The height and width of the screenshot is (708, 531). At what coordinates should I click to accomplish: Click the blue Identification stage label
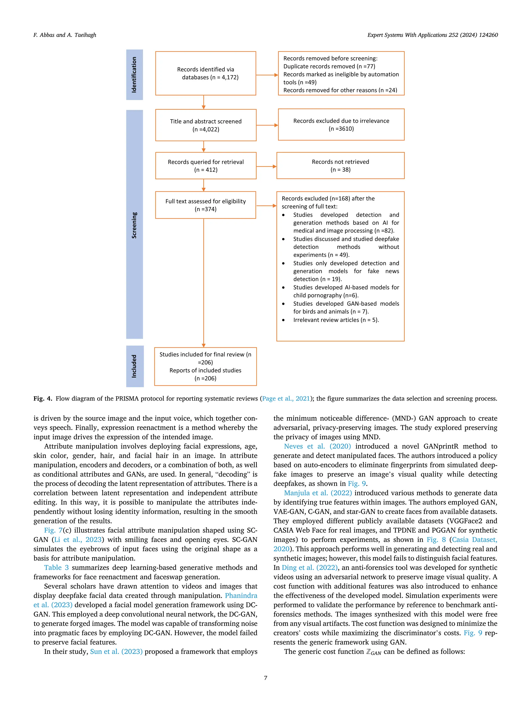pyautogui.click(x=134, y=75)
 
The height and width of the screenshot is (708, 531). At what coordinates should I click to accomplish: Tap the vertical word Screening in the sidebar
pyautogui.click(x=134, y=225)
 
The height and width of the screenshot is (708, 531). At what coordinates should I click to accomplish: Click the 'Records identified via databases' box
pyautogui.click(x=206, y=73)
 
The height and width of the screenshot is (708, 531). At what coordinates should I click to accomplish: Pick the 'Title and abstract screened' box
pyautogui.click(x=206, y=125)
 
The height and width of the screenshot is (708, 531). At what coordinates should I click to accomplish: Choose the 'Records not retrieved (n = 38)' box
pyautogui.click(x=340, y=165)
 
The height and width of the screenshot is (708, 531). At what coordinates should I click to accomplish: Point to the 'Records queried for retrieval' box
pyautogui.click(x=206, y=165)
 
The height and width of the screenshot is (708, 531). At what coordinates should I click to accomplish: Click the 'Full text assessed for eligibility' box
pyautogui.click(x=206, y=205)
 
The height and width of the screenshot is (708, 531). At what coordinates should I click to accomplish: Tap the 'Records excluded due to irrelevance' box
pyautogui.click(x=341, y=124)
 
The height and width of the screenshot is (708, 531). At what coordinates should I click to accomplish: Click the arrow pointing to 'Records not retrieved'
pyautogui.click(x=266, y=166)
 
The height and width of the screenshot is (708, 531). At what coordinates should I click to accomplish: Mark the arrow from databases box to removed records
pyautogui.click(x=267, y=75)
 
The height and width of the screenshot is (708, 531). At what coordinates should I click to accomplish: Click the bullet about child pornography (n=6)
pyautogui.click(x=346, y=291)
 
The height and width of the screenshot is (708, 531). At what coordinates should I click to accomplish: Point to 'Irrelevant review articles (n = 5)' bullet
pyautogui.click(x=336, y=320)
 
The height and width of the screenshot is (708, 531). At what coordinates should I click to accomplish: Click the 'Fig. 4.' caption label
pyautogui.click(x=43, y=398)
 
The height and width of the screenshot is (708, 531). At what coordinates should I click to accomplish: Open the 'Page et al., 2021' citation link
pyautogui.click(x=286, y=398)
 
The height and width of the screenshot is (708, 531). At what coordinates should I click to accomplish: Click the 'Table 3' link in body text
pyautogui.click(x=56, y=567)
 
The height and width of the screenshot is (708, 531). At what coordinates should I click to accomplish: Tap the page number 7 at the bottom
pyautogui.click(x=265, y=678)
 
